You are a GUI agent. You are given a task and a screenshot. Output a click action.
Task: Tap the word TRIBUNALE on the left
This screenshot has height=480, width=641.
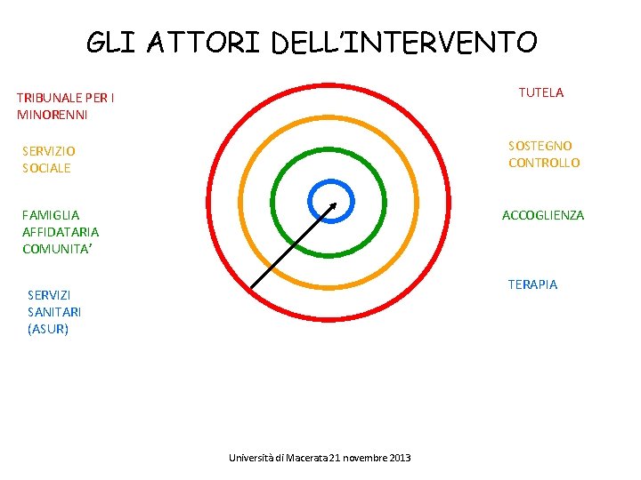click(53, 98)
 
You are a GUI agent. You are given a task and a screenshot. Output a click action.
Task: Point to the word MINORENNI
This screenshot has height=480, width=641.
click(52, 115)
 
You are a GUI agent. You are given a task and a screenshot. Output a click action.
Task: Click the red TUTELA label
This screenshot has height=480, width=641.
click(540, 92)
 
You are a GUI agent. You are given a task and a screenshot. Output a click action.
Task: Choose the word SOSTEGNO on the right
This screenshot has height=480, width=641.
click(540, 145)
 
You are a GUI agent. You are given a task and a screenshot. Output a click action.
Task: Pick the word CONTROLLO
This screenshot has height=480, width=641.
click(544, 163)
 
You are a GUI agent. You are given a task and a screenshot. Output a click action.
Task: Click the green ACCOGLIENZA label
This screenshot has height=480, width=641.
click(543, 215)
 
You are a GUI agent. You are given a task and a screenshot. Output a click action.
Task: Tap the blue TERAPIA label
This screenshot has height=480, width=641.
click(532, 284)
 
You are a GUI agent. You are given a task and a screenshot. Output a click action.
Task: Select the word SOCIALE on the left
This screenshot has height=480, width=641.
click(46, 168)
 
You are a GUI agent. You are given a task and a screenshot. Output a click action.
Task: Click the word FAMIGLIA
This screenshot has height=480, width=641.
click(51, 214)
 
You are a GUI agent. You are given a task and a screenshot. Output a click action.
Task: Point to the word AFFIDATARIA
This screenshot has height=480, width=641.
click(61, 231)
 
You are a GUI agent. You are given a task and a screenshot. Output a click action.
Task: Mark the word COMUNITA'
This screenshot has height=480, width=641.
click(58, 249)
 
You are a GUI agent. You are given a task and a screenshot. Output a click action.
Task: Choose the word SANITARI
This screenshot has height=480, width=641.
click(54, 311)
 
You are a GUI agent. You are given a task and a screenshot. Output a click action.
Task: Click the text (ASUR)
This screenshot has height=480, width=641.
click(48, 329)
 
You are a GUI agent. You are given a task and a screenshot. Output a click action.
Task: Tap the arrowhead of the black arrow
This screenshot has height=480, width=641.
click(334, 204)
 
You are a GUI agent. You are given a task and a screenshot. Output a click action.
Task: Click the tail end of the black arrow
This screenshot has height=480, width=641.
click(252, 287)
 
